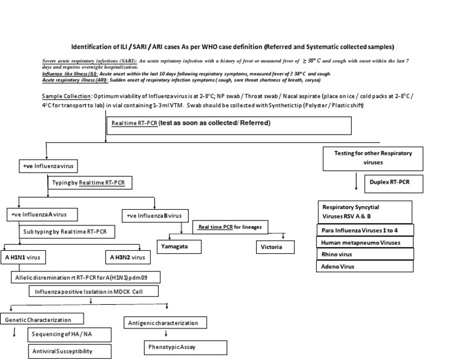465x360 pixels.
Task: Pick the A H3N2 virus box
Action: coord(127,258)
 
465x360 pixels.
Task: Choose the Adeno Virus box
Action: coord(365,266)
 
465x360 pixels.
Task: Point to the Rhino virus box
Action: coord(365,254)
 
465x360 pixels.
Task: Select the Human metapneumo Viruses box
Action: coord(365,242)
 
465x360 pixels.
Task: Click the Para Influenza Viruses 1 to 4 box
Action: coord(365,230)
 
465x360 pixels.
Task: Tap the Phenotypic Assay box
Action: coord(185,347)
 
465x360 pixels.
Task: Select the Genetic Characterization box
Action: coord(42,319)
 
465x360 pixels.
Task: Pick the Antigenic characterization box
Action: coord(165,323)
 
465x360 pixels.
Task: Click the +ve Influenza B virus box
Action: coord(156,216)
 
